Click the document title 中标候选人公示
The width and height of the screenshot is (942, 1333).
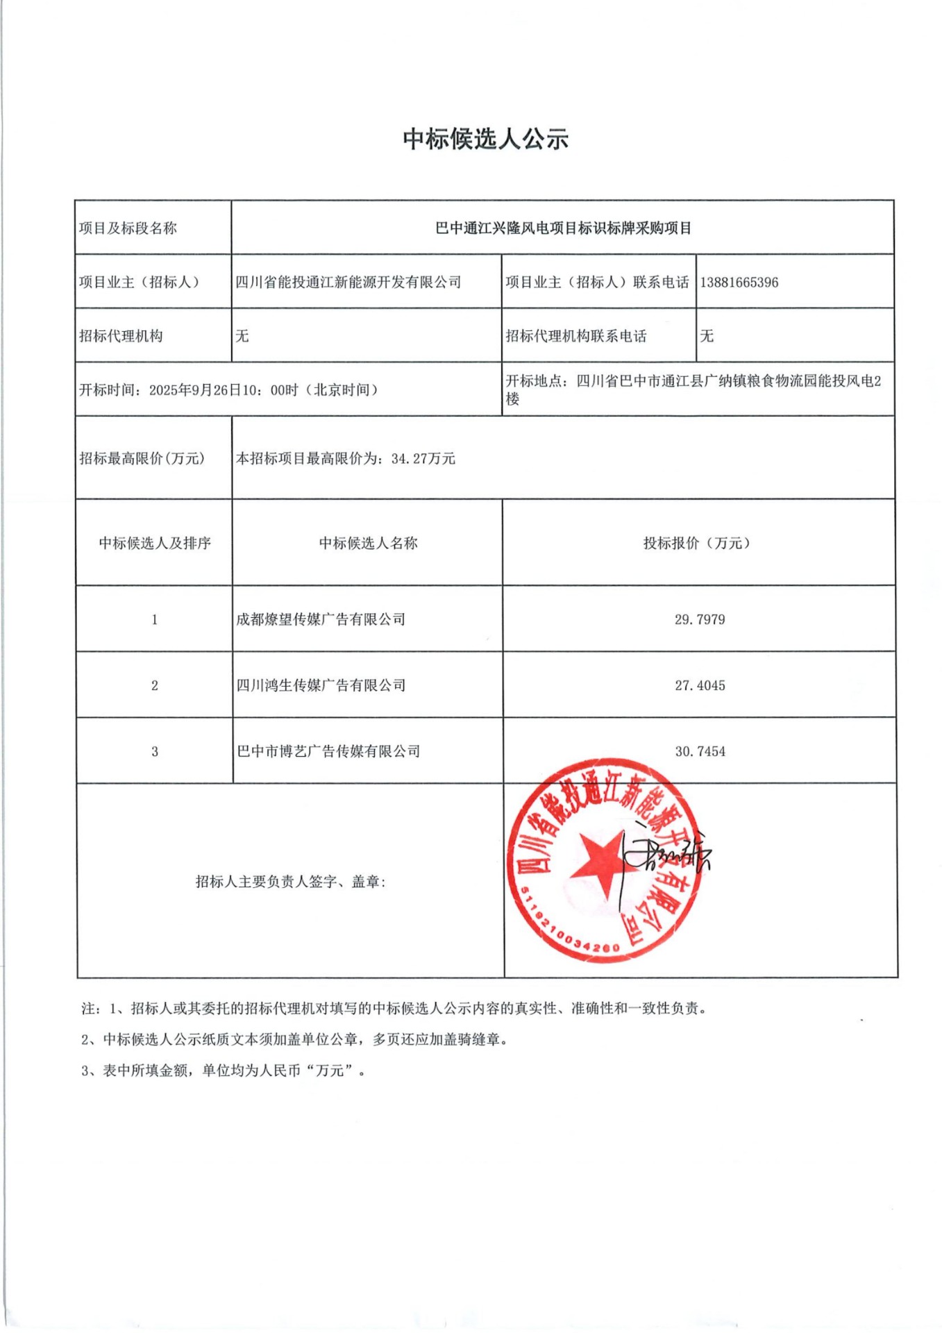485,139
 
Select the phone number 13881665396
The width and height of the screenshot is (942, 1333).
739,283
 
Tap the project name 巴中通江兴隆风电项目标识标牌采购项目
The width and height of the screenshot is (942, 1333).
563,228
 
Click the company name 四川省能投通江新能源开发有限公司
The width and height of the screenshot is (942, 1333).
348,283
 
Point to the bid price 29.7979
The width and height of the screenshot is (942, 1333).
700,619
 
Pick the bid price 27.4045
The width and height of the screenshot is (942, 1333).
700,686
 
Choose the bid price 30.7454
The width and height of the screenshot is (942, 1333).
700,752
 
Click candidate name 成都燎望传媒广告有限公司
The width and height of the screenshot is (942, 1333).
321,619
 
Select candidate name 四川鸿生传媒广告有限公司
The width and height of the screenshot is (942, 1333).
321,686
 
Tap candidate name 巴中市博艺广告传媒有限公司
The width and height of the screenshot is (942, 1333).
328,752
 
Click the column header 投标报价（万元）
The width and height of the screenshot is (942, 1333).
697,544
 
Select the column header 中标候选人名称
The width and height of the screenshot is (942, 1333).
368,544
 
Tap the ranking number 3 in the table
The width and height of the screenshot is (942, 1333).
155,752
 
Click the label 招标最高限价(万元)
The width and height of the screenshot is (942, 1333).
142,459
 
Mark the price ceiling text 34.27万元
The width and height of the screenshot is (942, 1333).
423,459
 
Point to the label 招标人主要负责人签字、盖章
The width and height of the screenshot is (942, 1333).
291,882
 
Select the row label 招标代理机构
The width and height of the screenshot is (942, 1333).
121,337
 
